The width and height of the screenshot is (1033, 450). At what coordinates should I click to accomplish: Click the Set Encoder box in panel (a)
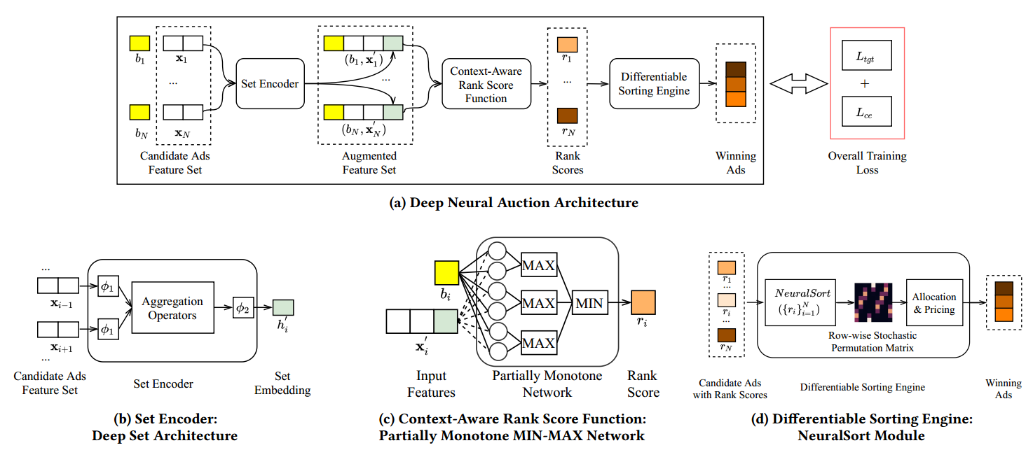[271, 83]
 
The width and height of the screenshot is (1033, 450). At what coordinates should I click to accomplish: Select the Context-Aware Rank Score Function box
[486, 83]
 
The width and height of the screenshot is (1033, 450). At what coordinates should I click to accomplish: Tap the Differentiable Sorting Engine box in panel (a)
[654, 83]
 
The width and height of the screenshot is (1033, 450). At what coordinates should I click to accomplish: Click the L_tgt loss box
[866, 55]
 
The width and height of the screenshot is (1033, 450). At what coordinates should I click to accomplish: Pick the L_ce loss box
[866, 111]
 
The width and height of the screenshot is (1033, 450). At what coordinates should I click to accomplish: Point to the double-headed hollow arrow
[799, 84]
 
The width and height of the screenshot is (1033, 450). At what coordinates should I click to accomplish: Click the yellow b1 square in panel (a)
[139, 43]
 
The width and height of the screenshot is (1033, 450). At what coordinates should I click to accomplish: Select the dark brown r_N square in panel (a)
[567, 115]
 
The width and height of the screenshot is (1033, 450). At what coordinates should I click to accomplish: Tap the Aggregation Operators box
[172, 308]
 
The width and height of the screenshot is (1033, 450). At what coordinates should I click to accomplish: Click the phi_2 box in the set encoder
[243, 308]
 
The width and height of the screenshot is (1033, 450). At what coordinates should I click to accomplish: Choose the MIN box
[589, 302]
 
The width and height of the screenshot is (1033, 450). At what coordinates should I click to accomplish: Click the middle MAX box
[539, 302]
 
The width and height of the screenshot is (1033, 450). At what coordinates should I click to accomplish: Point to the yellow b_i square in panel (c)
[446, 273]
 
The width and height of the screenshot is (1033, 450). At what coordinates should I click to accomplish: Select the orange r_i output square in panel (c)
[643, 302]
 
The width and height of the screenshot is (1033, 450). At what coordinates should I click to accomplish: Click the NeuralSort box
[800, 302]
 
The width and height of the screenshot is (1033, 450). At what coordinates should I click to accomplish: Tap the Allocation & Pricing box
[934, 302]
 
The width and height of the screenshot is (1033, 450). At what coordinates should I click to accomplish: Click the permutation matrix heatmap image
[873, 302]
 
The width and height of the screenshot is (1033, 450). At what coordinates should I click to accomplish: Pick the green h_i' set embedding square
[282, 307]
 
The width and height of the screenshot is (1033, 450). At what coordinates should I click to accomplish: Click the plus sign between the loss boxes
[865, 83]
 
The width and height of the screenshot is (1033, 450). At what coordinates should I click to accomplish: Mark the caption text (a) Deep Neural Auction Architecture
[514, 203]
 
